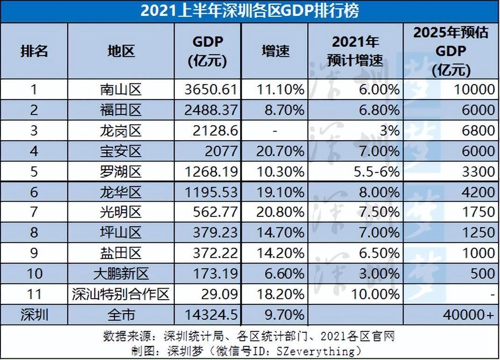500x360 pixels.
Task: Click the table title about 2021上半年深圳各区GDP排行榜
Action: click(x=250, y=11)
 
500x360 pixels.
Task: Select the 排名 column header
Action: click(x=34, y=51)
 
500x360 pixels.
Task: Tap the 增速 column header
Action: click(x=275, y=51)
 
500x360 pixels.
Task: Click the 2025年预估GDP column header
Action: click(x=451, y=51)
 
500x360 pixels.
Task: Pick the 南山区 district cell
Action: click(x=121, y=89)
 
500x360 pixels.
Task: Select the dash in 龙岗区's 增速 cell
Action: click(x=275, y=130)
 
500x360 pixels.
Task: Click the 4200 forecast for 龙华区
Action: click(x=476, y=192)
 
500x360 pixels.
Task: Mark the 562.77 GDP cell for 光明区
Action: click(x=215, y=212)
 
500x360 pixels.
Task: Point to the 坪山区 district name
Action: click(x=121, y=233)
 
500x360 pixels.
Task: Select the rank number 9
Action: click(x=34, y=253)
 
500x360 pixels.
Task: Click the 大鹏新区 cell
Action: click(x=121, y=274)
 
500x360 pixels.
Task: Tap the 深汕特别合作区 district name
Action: click(x=121, y=294)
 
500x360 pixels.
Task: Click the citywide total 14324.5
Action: click(x=211, y=315)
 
